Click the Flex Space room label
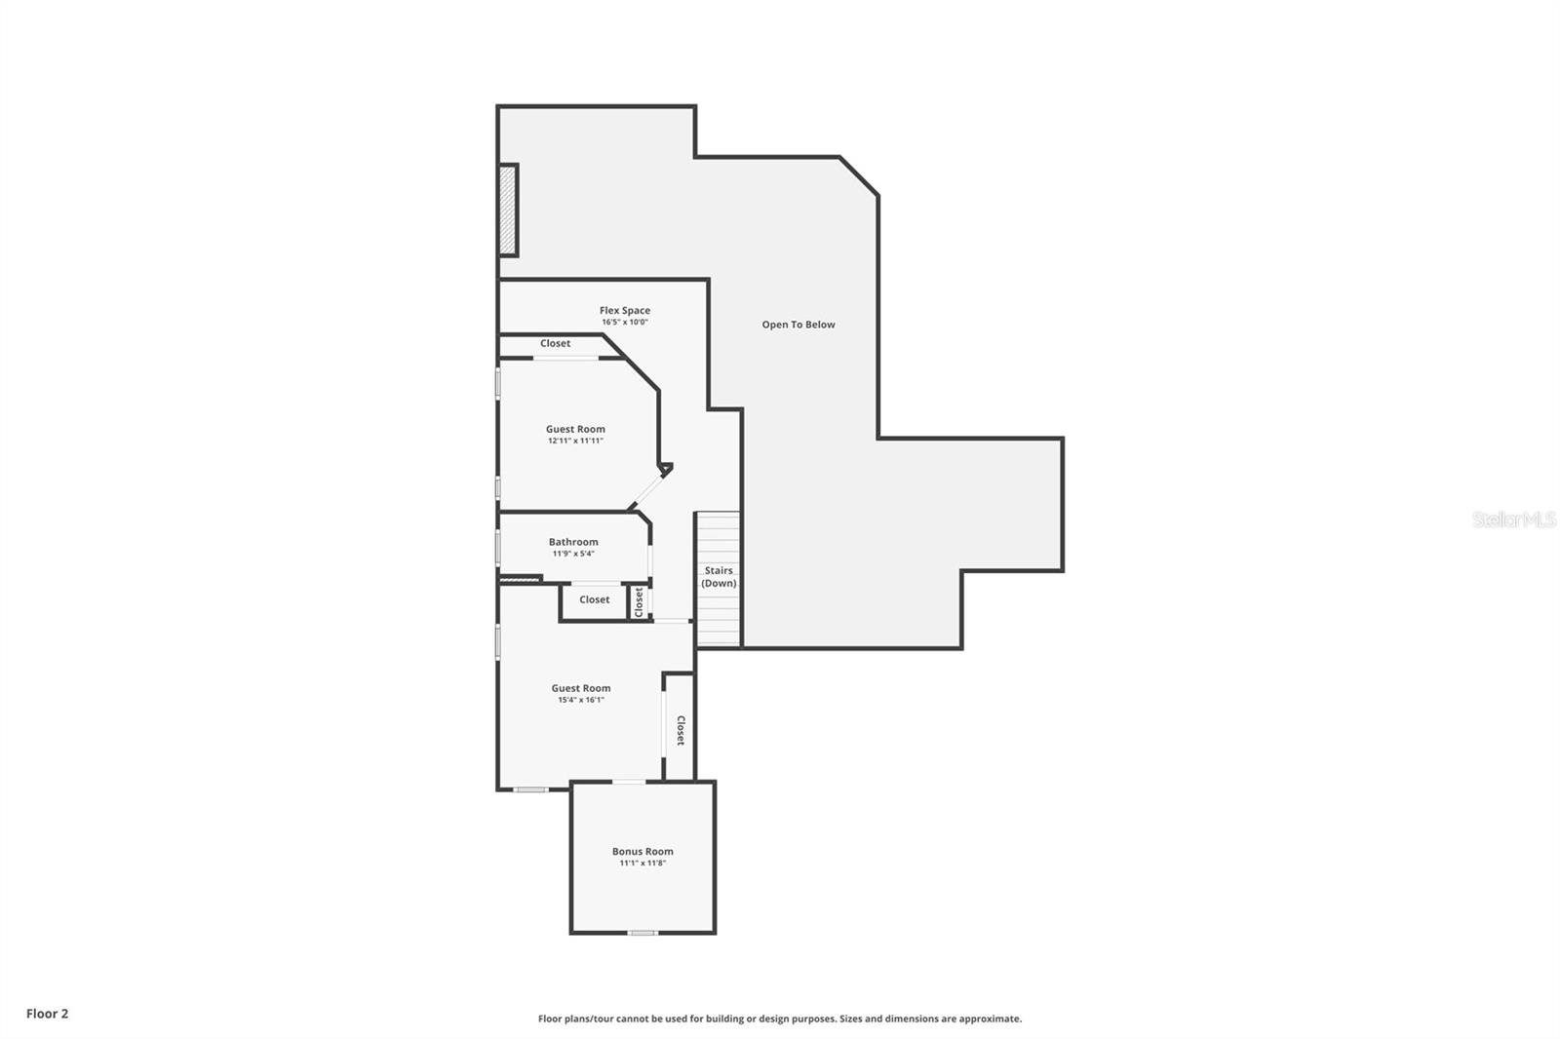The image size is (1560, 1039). pos(624,310)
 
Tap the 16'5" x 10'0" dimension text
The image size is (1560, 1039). pos(624,323)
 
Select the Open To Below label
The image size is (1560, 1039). pos(798,325)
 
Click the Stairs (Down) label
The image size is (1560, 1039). pos(719,577)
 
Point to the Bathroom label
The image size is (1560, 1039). pos(573,542)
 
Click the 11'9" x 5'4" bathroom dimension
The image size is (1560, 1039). pos(573,554)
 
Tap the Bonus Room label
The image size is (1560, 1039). pos(643,851)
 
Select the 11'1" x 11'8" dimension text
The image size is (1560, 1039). pos(643,864)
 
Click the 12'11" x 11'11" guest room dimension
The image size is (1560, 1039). pos(575,441)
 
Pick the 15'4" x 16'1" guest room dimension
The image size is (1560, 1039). pos(581,700)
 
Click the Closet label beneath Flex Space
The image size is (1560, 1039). pos(555,343)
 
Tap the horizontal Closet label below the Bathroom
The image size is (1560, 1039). pos(594,599)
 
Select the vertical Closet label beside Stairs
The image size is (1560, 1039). pos(640,601)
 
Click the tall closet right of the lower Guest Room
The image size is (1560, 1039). pos(680,729)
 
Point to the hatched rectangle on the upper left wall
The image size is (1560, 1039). pos(507,210)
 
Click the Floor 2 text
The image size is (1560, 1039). pos(47,1014)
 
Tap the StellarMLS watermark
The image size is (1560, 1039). pos(1513,519)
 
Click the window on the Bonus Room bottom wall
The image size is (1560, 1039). pos(642,933)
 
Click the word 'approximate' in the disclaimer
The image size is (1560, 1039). pos(990,1019)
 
